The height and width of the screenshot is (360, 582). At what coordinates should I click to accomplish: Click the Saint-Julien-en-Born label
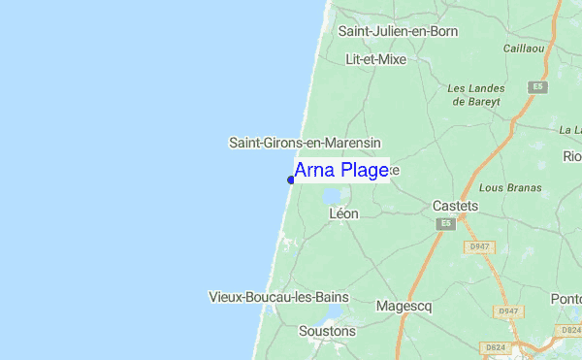tap(398, 31)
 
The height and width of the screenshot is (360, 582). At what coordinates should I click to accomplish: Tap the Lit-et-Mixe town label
tap(375, 59)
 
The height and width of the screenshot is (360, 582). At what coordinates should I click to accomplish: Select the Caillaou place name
tap(524, 47)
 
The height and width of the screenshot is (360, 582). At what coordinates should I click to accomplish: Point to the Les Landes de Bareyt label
tap(472, 94)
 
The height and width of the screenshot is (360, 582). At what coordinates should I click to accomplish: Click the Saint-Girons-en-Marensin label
tap(305, 142)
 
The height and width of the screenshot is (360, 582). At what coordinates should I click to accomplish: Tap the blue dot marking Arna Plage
tap(291, 180)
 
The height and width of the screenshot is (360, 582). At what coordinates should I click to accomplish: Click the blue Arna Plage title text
tap(340, 171)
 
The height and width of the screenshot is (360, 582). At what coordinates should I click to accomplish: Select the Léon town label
tap(343, 213)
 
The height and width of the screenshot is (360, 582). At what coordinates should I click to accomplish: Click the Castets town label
tap(455, 206)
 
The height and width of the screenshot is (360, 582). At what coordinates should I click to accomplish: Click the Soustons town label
tap(328, 331)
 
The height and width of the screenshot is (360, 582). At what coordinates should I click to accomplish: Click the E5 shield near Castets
tap(445, 224)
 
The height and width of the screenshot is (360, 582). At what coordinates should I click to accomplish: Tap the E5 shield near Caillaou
tap(534, 87)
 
